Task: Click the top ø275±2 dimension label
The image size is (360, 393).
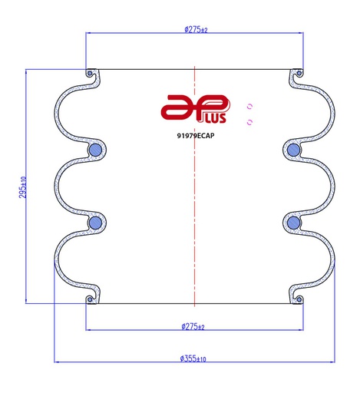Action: [x=196, y=30]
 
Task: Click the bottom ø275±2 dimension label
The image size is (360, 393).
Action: [x=193, y=326]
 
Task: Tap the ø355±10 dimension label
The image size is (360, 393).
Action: [x=193, y=358]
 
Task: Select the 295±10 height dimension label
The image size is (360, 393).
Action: [x=22, y=187]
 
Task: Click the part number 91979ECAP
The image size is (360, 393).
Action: [x=196, y=136]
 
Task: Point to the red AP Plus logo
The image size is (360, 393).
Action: [x=196, y=109]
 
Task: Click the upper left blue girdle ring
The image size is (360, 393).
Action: [x=94, y=150]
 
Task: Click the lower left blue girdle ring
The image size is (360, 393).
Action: [x=94, y=223]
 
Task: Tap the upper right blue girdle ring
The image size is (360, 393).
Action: [x=293, y=150]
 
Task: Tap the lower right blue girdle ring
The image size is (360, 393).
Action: [x=293, y=223]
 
